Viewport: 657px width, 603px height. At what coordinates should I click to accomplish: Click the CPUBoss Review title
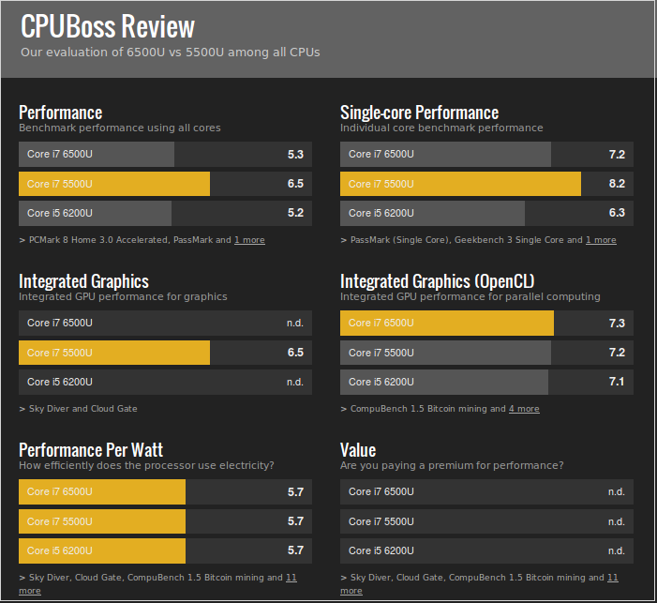(x=108, y=26)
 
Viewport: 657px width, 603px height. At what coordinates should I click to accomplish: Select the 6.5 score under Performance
(x=295, y=184)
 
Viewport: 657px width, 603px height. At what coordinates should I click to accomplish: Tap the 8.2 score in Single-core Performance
(x=617, y=184)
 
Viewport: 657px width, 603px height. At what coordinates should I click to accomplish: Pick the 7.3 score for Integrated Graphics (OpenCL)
(x=617, y=323)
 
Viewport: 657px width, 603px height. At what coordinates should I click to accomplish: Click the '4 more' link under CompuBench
(x=524, y=409)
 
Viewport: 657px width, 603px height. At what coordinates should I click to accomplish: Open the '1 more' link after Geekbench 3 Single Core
(x=601, y=240)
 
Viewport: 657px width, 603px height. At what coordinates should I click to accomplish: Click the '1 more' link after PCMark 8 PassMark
(x=249, y=240)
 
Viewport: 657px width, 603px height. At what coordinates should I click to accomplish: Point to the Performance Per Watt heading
(x=91, y=450)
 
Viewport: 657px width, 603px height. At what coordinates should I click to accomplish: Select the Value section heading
(x=358, y=450)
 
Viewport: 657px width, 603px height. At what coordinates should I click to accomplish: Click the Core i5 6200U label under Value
(x=381, y=550)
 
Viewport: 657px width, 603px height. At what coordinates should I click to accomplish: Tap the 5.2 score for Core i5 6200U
(x=295, y=213)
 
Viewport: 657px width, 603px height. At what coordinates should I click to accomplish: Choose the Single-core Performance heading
(x=419, y=113)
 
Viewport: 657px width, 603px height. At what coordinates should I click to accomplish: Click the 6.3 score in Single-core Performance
(x=617, y=213)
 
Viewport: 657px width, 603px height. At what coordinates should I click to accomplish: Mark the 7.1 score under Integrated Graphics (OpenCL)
(x=617, y=382)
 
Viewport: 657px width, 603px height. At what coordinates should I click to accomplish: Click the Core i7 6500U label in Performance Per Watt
(x=60, y=491)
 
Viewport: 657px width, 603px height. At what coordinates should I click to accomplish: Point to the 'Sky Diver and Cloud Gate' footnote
(x=79, y=409)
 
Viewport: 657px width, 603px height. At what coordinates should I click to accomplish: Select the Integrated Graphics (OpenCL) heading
(x=438, y=281)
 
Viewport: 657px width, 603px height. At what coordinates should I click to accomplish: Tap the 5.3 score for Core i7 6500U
(x=295, y=154)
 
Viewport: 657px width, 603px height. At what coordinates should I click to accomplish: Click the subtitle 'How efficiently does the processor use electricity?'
(x=146, y=465)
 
